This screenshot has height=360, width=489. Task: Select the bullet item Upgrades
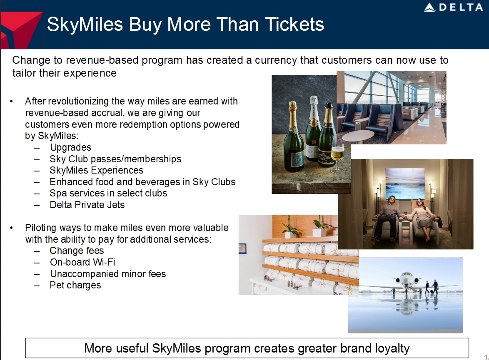coord(70,147)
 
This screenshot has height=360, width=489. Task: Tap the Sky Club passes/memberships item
coord(115,159)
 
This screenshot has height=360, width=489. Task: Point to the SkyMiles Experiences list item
coord(96,170)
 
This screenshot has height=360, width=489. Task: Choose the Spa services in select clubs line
coord(108,193)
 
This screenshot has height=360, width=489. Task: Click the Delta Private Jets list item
coord(87,205)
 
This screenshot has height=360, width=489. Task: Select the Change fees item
coord(77,251)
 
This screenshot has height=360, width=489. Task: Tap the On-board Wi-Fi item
coord(82,262)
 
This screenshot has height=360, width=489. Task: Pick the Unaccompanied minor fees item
coord(108,274)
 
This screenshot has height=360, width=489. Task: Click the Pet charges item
coord(75,285)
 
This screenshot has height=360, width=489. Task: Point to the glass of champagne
coord(337,157)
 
